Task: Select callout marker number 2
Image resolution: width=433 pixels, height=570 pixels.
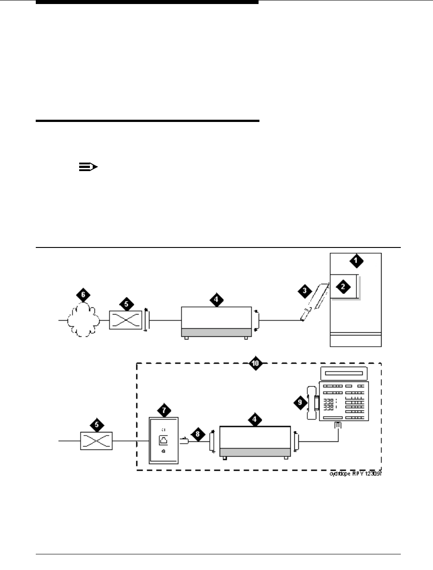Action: coord(343,287)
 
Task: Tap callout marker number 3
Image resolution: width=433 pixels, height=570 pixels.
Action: coord(305,291)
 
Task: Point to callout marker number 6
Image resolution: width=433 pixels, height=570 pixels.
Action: coord(82,295)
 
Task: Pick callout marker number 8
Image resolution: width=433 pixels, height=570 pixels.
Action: coord(197,433)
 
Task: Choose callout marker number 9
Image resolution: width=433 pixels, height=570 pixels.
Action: coord(301,402)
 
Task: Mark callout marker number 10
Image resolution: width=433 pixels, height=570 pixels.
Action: coord(255,364)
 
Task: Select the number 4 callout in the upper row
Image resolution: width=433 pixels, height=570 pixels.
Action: coord(216,299)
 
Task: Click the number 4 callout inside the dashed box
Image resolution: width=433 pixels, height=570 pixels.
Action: coord(255,419)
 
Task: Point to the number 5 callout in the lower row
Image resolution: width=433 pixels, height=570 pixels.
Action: coord(96,424)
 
